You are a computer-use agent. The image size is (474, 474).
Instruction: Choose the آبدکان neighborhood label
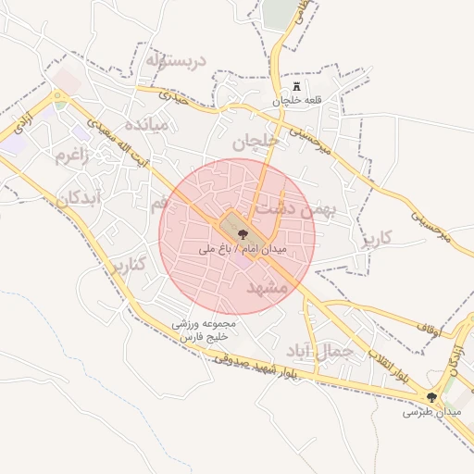coord(76,198)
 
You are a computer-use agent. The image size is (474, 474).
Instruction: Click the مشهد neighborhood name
coord(269,288)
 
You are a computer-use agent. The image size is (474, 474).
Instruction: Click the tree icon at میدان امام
coord(243,235)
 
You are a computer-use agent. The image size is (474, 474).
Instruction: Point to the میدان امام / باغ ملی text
coord(243,249)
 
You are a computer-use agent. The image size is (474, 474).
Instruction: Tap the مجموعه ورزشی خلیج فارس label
coord(206,331)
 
